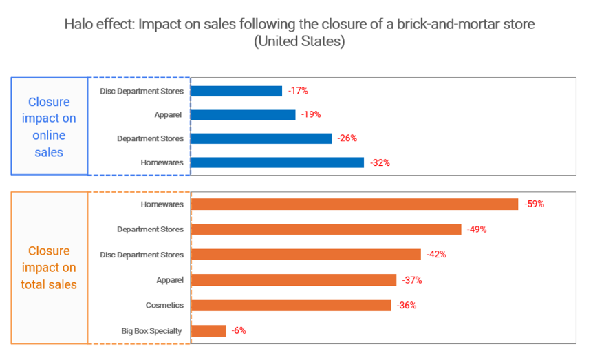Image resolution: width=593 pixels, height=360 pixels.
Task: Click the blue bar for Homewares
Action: [277, 162]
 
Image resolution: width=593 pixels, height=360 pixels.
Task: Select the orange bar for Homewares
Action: [354, 204]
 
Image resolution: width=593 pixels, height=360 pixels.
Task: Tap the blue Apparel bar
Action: [243, 115]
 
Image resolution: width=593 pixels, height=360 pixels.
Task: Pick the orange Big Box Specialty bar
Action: [208, 330]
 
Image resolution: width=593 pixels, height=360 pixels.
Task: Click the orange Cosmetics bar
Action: [291, 305]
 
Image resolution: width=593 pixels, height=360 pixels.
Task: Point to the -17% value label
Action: [298, 91]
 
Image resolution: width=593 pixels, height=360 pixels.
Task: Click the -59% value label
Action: [534, 204]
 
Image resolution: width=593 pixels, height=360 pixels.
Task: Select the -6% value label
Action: [238, 330]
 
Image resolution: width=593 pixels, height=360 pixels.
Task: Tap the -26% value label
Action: [347, 138]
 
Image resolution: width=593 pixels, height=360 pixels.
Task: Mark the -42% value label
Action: [436, 254]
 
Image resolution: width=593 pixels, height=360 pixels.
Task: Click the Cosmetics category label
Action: [164, 305]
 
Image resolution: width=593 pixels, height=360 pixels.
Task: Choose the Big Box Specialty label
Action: [151, 331]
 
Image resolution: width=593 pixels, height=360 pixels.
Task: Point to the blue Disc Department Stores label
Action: [142, 91]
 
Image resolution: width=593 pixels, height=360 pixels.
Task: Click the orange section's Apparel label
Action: [169, 280]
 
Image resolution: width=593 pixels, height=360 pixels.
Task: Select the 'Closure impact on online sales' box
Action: [49, 127]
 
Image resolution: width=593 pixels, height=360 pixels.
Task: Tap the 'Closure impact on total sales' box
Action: [49, 267]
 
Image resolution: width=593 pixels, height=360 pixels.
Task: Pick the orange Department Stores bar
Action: [326, 229]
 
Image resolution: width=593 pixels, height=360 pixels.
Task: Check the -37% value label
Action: [412, 280]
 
